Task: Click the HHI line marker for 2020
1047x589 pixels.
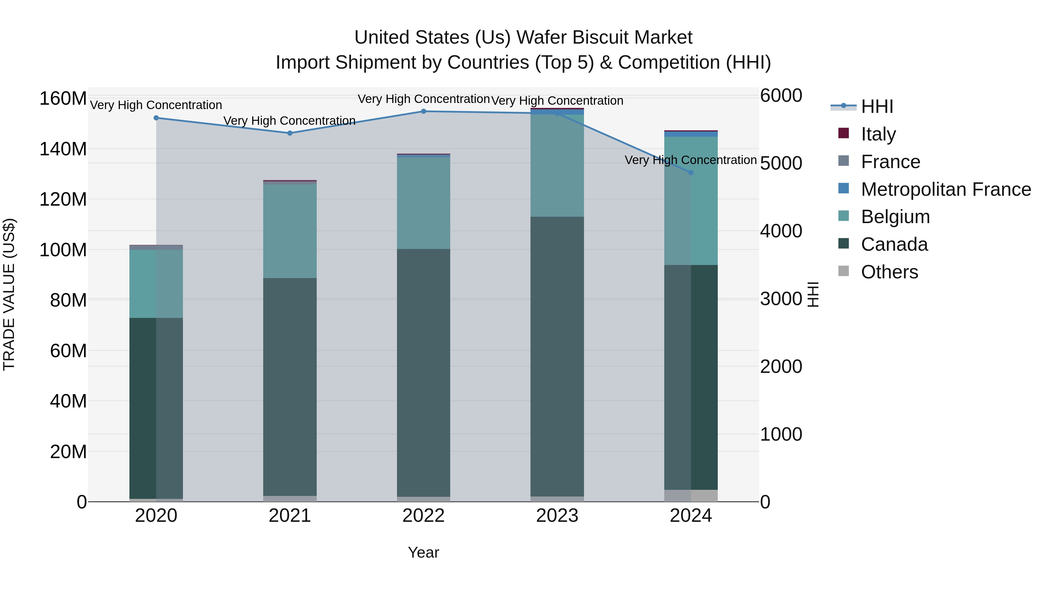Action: [156, 118]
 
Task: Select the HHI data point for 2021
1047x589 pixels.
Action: [290, 133]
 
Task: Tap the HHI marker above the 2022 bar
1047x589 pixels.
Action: [423, 111]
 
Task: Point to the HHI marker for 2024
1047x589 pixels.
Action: [691, 172]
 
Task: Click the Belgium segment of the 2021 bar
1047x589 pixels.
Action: [290, 231]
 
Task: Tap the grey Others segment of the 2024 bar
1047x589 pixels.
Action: [691, 496]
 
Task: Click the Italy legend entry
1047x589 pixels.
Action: [878, 134]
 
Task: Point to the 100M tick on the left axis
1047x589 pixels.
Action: [63, 250]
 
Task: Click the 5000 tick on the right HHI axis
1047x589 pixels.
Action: [781, 163]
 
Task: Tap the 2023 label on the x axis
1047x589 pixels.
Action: [557, 516]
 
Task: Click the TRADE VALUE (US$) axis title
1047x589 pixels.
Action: [9, 294]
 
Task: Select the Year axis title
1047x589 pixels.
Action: [423, 552]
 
